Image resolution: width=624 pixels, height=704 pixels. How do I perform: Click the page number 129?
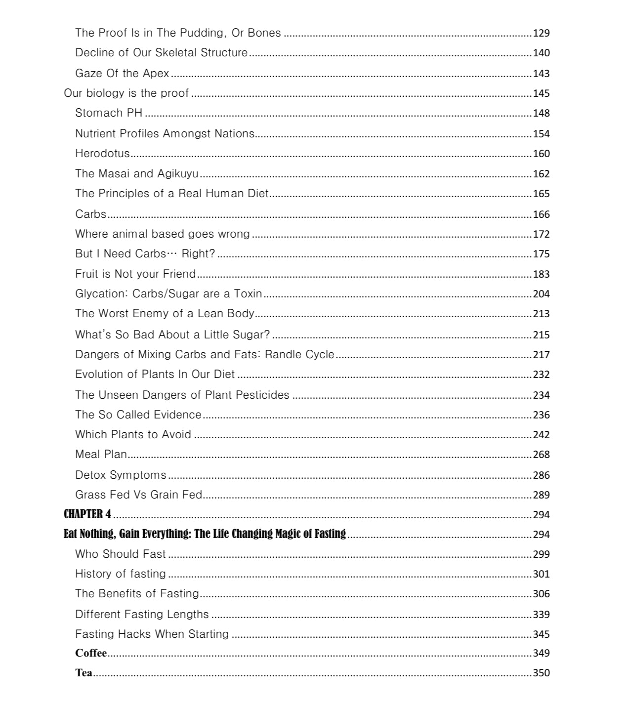pyautogui.click(x=541, y=33)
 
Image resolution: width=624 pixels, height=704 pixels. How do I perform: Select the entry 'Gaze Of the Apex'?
pyautogui.click(x=122, y=73)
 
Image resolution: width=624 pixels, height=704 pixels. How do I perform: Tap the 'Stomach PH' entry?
pyautogui.click(x=109, y=113)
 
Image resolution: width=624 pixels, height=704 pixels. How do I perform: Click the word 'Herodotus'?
pyautogui.click(x=102, y=153)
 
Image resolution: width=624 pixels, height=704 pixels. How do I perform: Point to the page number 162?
pyautogui.click(x=541, y=174)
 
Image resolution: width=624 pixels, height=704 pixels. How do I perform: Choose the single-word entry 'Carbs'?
pyautogui.click(x=90, y=214)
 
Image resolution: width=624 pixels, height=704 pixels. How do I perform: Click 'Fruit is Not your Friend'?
pyautogui.click(x=135, y=274)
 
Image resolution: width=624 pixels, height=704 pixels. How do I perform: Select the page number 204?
pyautogui.click(x=541, y=294)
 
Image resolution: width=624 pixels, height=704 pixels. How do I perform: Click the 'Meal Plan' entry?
pyautogui.click(x=101, y=454)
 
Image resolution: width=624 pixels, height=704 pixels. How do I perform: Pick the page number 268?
pyautogui.click(x=541, y=455)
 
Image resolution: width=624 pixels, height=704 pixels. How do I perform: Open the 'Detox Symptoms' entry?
pyautogui.click(x=121, y=475)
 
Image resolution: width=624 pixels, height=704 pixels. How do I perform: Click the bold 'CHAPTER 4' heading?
pyautogui.click(x=87, y=514)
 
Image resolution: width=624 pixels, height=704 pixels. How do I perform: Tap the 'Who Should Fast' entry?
pyautogui.click(x=121, y=554)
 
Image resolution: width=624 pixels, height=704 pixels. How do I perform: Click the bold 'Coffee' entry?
pyautogui.click(x=91, y=653)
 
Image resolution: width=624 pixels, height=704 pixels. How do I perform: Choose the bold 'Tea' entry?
pyautogui.click(x=83, y=673)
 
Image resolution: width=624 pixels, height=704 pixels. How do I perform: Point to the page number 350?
pyautogui.click(x=541, y=673)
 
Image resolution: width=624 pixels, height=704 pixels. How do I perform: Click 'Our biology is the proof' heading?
pyautogui.click(x=126, y=93)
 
